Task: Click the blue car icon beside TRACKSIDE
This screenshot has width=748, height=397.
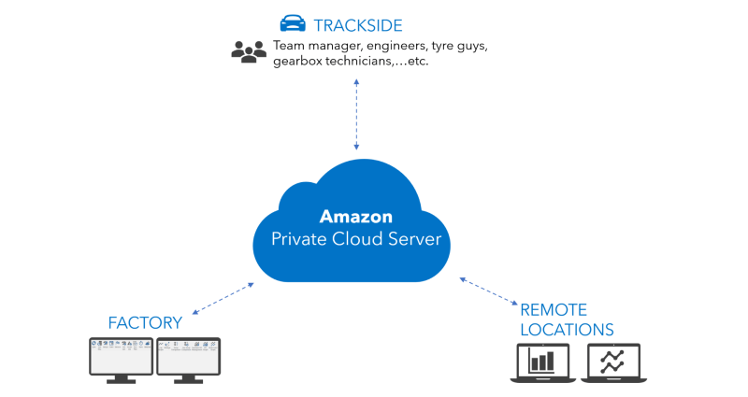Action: coord(293,23)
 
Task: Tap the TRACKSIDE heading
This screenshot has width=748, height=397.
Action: coord(358,25)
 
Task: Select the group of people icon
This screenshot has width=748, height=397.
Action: coord(249,51)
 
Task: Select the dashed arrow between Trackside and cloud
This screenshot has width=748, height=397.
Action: coord(356,114)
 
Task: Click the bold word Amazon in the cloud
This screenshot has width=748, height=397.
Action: coord(356,217)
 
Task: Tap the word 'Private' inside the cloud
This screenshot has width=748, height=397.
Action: coord(299,239)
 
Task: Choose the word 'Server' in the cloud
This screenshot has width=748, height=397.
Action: coord(414,239)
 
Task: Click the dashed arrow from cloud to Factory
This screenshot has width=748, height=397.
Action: coord(223,299)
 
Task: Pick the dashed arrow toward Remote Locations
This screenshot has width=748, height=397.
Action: coord(488,291)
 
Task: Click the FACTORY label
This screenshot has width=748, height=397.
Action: coord(145,323)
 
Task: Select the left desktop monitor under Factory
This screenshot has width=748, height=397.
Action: coord(122,361)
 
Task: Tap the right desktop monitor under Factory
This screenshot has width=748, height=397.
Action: coord(189,361)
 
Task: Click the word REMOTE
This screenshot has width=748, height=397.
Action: coord(554,310)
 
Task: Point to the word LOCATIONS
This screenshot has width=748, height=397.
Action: coord(567,330)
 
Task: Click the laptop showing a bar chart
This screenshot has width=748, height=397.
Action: coord(543,363)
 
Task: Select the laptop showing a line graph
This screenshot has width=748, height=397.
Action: coord(613,363)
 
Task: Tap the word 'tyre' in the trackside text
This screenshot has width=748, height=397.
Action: coord(442,47)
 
